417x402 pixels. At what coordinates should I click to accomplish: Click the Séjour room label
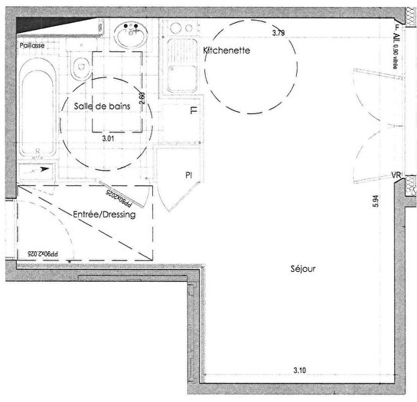(x=303, y=270)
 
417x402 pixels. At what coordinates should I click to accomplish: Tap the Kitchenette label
(x=226, y=51)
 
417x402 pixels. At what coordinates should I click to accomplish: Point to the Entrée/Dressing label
(x=104, y=215)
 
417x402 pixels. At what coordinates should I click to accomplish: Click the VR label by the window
(x=396, y=176)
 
